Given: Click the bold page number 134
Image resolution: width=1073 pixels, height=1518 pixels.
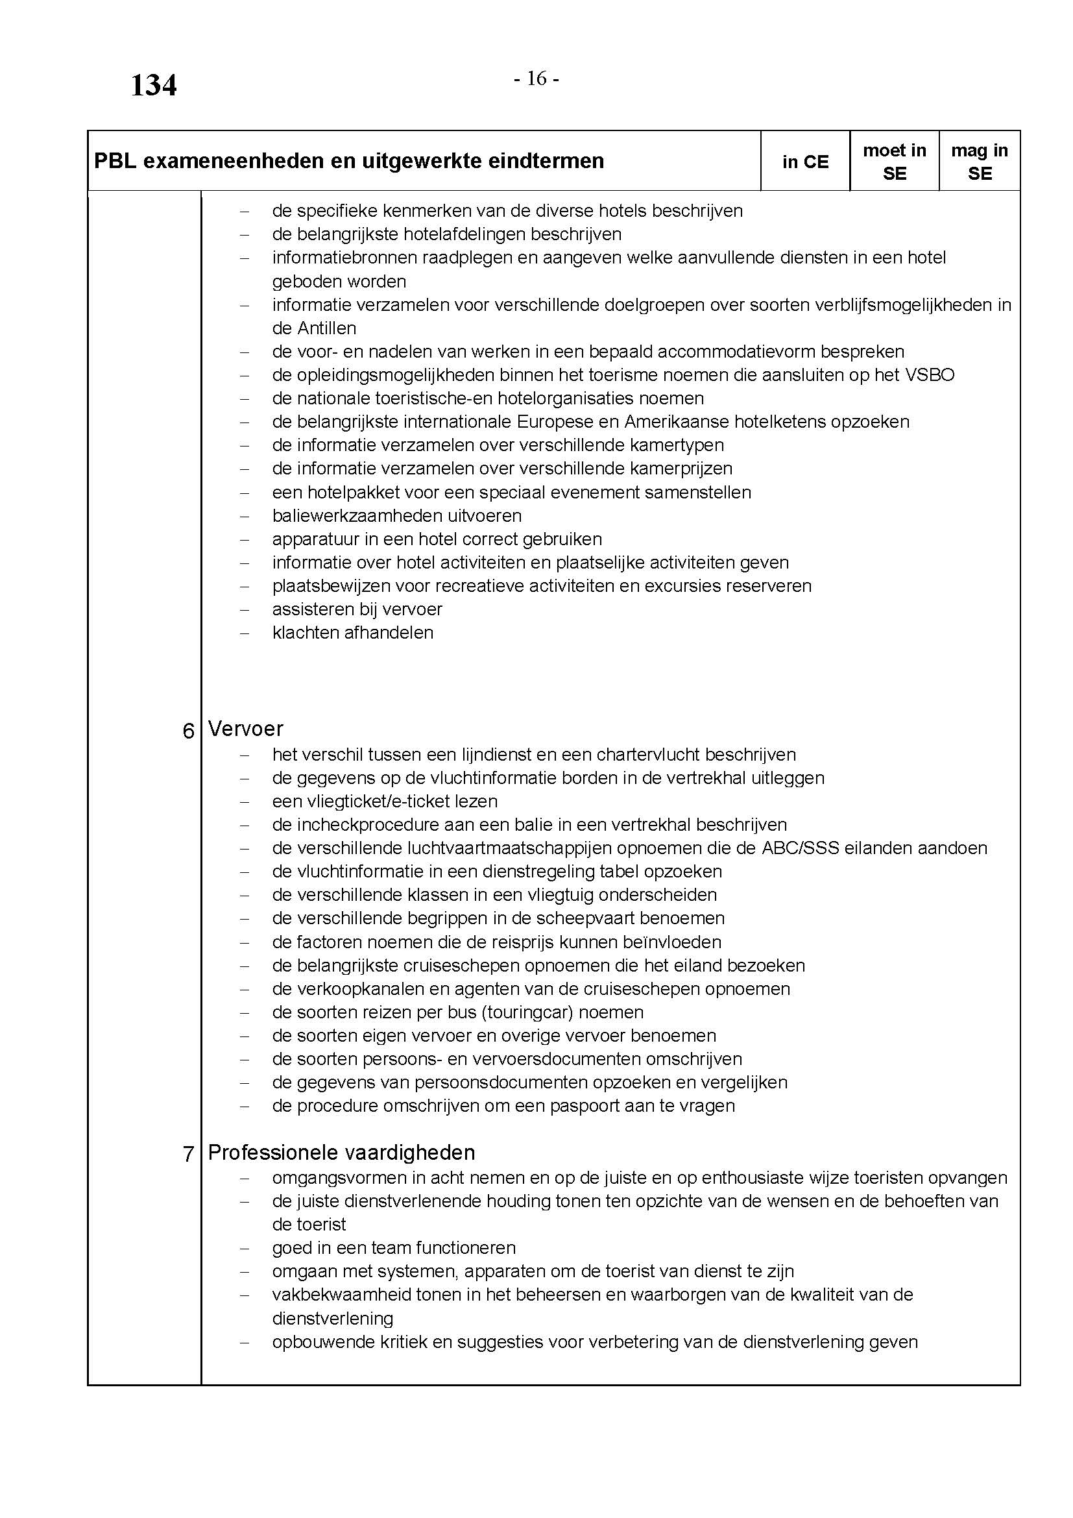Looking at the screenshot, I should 153,86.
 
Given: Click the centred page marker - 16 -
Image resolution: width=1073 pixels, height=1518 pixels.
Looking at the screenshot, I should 536,79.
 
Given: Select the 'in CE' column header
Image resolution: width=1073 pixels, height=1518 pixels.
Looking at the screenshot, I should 804,162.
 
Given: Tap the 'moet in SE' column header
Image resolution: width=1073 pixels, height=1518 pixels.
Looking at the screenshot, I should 894,162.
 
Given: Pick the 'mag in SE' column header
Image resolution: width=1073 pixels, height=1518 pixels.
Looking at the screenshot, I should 979,162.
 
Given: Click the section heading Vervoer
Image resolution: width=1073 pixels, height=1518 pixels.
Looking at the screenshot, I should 245,729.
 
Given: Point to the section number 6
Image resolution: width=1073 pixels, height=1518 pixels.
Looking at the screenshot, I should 188,731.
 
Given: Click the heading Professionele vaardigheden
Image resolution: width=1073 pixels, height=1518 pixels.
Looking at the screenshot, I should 341,1153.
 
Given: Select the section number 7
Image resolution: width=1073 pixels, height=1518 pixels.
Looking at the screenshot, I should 188,1155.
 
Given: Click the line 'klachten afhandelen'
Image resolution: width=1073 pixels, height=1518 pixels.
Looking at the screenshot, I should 352,633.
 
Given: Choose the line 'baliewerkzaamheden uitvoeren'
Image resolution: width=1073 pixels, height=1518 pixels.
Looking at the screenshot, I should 396,516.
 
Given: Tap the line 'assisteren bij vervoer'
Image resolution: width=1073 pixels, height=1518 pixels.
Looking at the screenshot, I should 357,609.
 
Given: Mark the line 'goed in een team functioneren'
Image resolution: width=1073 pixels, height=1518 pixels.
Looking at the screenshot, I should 394,1247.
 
